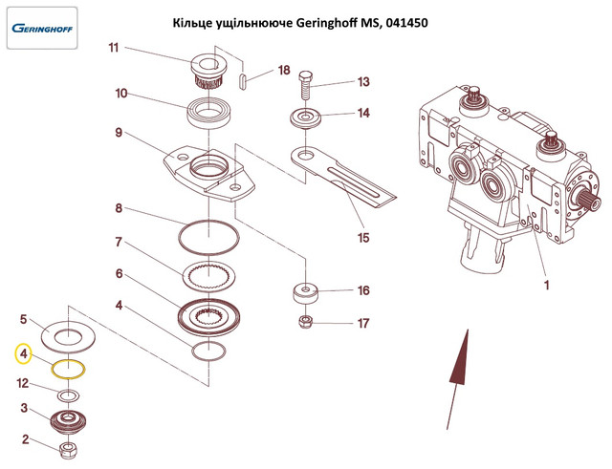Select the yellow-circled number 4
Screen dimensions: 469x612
[23, 354]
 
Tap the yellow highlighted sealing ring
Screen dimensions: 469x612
[68, 368]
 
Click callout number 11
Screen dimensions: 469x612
[114, 49]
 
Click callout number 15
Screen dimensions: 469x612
[362, 236]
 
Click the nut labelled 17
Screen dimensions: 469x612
[306, 321]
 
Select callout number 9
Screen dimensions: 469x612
[119, 133]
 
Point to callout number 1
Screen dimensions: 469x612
[548, 284]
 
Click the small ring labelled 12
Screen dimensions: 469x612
[67, 394]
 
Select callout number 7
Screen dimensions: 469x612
[120, 242]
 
